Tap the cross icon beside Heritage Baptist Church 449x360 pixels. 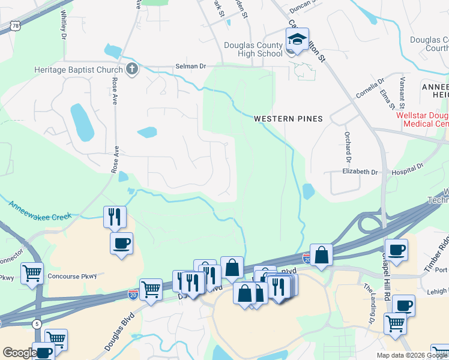pyautogui.click(x=132, y=69)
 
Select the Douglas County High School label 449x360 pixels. pyautogui.click(x=253, y=49)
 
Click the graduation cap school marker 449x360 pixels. pyautogui.click(x=297, y=40)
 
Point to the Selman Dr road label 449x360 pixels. pyautogui.click(x=190, y=66)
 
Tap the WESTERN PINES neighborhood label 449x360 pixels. pyautogui.click(x=288, y=119)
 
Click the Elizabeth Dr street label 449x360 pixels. pyautogui.click(x=360, y=172)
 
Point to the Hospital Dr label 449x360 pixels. pyautogui.click(x=408, y=169)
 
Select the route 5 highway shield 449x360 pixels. pyautogui.click(x=38, y=325)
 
